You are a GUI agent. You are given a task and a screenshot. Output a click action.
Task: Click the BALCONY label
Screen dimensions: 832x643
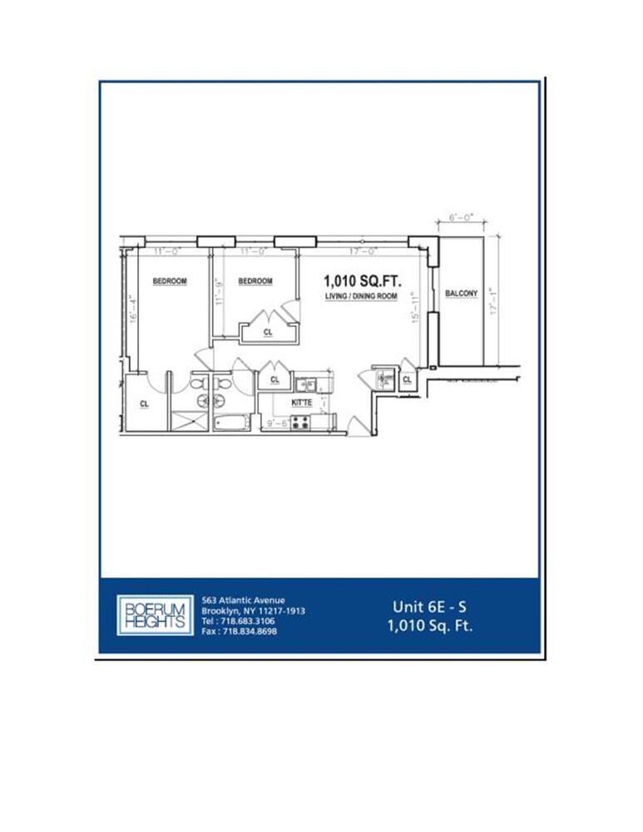pos(461,294)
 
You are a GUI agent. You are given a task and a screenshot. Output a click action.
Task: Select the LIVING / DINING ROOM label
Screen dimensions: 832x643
pos(360,296)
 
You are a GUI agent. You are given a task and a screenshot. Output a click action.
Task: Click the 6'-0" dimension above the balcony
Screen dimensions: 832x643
pos(460,218)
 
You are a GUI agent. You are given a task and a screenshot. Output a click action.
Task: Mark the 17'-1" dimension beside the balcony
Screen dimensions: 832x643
pos(492,301)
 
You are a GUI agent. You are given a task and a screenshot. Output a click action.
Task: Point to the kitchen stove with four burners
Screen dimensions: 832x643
pos(300,421)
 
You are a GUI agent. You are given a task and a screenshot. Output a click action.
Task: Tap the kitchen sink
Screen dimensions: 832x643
pos(304,384)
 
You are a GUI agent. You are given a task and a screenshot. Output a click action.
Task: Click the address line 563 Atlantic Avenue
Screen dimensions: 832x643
pos(244,600)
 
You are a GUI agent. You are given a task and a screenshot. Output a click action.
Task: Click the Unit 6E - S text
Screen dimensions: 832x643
pos(430,607)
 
